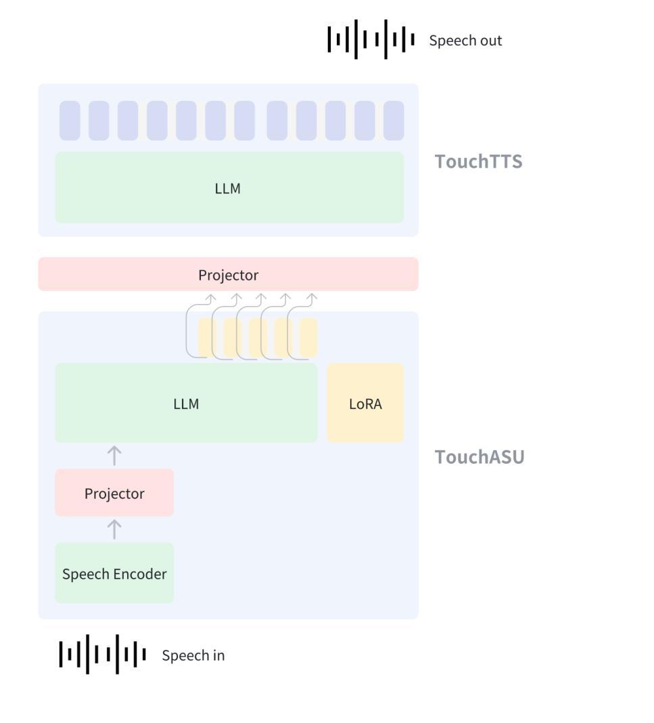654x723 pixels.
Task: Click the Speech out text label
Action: tap(465, 41)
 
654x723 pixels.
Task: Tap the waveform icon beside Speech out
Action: tap(371, 40)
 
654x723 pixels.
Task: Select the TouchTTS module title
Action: tap(478, 162)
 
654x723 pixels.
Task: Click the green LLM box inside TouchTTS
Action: tap(229, 188)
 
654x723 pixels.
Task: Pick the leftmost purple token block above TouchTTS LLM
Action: tap(70, 121)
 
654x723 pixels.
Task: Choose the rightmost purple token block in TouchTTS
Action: tap(394, 121)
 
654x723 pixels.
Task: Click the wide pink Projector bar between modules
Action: tap(228, 275)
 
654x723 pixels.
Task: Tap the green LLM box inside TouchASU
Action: tap(186, 403)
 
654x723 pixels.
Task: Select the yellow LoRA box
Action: tap(365, 403)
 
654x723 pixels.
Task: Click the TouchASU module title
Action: tap(479, 457)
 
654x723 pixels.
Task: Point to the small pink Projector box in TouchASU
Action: tap(114, 494)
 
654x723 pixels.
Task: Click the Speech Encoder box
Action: tap(114, 573)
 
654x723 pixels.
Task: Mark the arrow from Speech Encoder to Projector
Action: tap(115, 529)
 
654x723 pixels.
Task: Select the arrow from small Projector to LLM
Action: tap(115, 456)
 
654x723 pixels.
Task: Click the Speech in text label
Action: tap(193, 655)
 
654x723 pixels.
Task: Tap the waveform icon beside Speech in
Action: tap(103, 655)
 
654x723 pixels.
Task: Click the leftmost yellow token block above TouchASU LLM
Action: tap(206, 337)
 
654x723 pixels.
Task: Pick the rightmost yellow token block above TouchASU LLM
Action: tap(309, 337)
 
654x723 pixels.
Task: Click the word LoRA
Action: tap(365, 404)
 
